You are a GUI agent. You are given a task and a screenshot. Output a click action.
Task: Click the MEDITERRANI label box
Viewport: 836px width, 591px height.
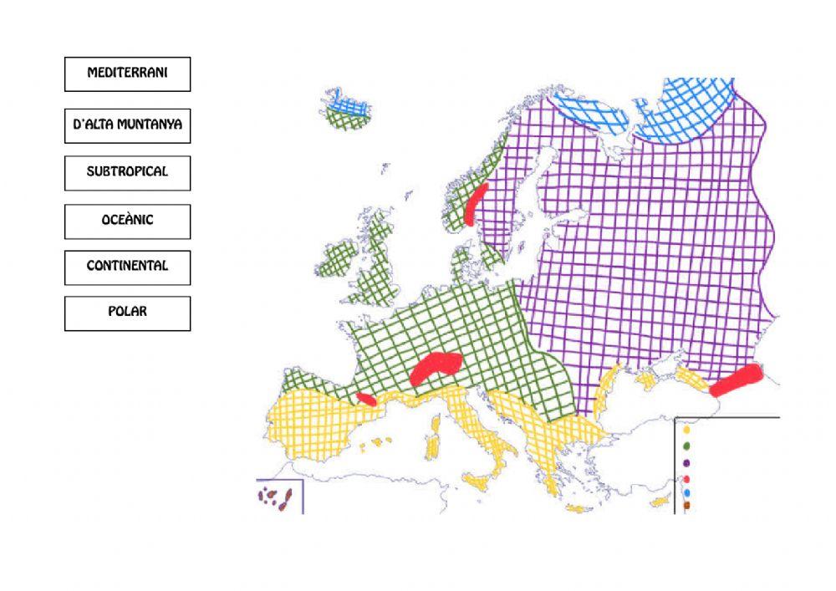tap(127, 74)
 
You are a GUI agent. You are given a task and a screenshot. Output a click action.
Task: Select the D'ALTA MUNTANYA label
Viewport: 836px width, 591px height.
tap(127, 125)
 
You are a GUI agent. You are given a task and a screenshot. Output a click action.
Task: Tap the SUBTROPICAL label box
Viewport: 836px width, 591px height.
tap(127, 172)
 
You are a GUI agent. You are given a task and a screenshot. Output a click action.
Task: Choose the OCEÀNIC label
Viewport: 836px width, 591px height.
tap(127, 221)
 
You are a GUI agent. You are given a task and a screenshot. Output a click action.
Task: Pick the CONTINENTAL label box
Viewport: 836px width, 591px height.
tap(127, 267)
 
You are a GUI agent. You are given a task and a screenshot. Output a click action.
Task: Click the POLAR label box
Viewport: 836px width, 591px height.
tap(127, 313)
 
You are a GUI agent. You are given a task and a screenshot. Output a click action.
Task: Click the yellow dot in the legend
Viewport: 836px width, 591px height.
tap(686, 430)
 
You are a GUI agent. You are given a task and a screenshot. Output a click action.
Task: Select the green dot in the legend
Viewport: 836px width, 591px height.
tap(686, 446)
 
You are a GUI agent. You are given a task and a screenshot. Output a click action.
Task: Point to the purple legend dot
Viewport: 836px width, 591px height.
tap(686, 462)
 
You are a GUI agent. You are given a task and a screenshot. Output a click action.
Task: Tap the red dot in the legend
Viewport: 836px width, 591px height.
tap(686, 479)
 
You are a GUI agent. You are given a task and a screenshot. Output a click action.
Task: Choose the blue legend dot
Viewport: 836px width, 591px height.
tap(686, 492)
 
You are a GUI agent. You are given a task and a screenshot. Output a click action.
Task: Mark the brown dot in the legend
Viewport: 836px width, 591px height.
tap(686, 504)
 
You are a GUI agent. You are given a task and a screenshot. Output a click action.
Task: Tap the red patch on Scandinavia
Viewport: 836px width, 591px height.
tap(476, 206)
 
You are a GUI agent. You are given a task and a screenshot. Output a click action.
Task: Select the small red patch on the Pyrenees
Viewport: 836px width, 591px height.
tap(366, 399)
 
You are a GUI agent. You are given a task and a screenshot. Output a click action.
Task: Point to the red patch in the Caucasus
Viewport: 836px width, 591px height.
tap(736, 380)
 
